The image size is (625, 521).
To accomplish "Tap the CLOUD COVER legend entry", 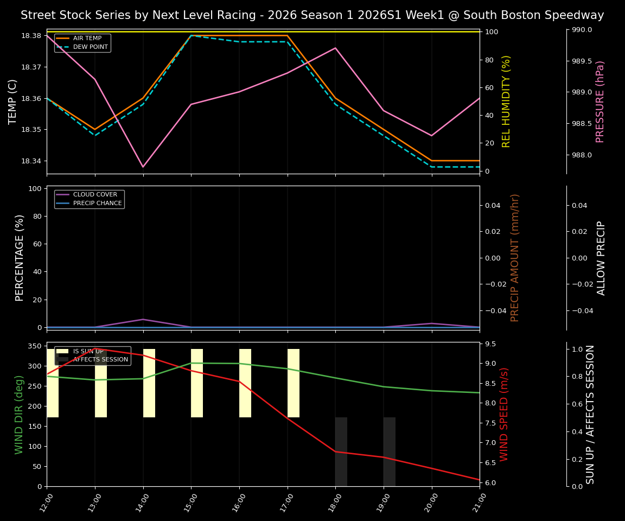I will (94, 195).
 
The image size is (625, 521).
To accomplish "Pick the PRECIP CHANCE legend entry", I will (97, 204).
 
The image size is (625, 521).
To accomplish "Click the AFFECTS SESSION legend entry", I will (100, 359).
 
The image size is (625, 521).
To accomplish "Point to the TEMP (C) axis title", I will (13, 101).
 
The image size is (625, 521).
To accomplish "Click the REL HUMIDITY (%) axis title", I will (506, 101).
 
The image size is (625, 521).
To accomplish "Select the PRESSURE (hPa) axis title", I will (600, 101).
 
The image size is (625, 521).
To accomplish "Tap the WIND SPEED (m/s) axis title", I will (505, 414).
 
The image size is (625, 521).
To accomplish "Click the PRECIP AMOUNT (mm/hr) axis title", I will (515, 258).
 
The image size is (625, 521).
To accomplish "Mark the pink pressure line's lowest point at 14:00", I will (143, 167).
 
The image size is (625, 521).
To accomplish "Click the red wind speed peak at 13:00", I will (95, 348).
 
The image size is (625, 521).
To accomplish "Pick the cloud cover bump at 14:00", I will (143, 319).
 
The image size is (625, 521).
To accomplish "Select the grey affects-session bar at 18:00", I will (341, 452).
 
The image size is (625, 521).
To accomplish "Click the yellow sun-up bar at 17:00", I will (293, 383).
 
